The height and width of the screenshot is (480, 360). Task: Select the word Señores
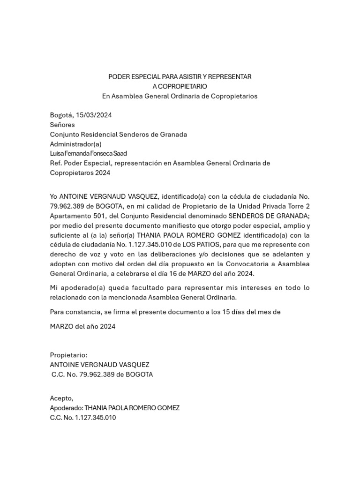coord(62,125)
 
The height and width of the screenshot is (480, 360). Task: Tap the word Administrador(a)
coord(75,144)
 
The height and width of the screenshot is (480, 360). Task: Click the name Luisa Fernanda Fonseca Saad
coord(88,153)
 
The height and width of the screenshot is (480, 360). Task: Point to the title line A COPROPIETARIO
coord(180,86)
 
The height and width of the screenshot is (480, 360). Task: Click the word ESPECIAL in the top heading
coord(144,76)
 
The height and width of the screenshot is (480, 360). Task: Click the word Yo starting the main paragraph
coord(54,196)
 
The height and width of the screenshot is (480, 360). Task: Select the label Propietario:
coord(68,355)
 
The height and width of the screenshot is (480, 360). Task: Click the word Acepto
coord(61,398)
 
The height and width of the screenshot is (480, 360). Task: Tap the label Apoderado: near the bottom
coord(66,408)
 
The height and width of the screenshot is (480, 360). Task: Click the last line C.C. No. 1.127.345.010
coord(82,417)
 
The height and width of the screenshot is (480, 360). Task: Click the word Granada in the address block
coord(173,135)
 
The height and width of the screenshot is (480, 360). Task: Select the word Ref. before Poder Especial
coord(56,163)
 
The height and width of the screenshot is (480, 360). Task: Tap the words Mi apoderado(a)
coord(75,287)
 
